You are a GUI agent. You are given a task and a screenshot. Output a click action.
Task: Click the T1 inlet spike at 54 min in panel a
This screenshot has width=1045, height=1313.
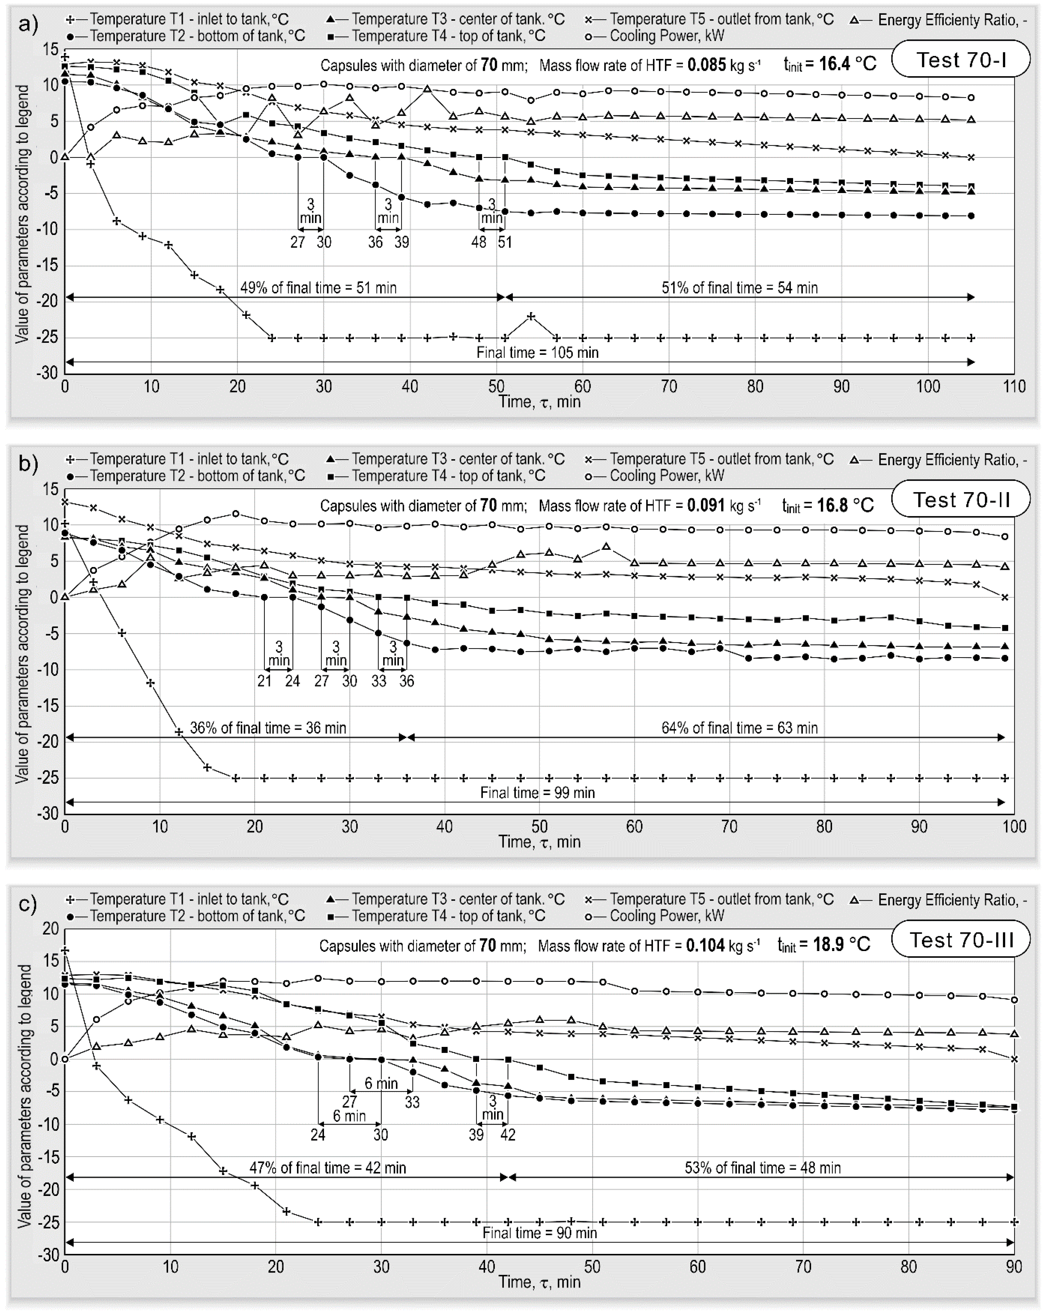pyautogui.click(x=531, y=316)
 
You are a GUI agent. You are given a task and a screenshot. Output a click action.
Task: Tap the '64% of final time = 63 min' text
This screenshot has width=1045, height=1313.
pyautogui.click(x=739, y=728)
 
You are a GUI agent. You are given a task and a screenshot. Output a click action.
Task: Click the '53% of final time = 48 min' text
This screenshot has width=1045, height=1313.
pyautogui.click(x=762, y=1167)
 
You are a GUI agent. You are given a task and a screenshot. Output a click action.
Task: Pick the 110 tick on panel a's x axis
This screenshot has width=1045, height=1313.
pyautogui.click(x=1014, y=387)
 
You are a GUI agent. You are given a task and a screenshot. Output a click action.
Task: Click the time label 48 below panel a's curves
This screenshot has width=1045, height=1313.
pyautogui.click(x=479, y=242)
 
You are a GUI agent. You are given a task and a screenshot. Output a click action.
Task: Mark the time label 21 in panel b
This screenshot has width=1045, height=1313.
pyautogui.click(x=264, y=681)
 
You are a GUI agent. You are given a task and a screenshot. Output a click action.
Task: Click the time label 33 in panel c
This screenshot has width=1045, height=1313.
pyautogui.click(x=413, y=1102)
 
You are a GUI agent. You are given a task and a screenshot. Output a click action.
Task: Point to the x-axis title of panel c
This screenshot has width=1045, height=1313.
pyautogui.click(x=539, y=1282)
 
